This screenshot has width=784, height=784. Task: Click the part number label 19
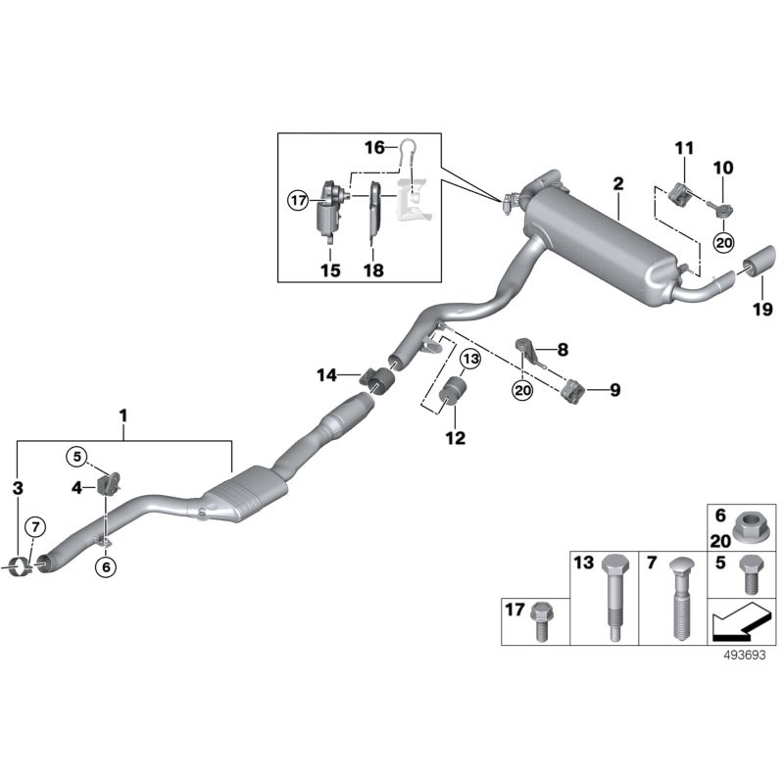(x=762, y=310)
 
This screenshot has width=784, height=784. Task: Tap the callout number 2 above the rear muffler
(x=617, y=183)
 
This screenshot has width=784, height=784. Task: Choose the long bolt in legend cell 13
(x=612, y=598)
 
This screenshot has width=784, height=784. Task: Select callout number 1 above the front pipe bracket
(x=123, y=416)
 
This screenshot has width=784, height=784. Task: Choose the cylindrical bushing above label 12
(x=455, y=394)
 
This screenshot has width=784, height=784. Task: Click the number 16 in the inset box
(x=375, y=147)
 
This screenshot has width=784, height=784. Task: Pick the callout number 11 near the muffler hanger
(x=683, y=148)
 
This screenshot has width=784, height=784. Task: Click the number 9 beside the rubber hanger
(x=614, y=390)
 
